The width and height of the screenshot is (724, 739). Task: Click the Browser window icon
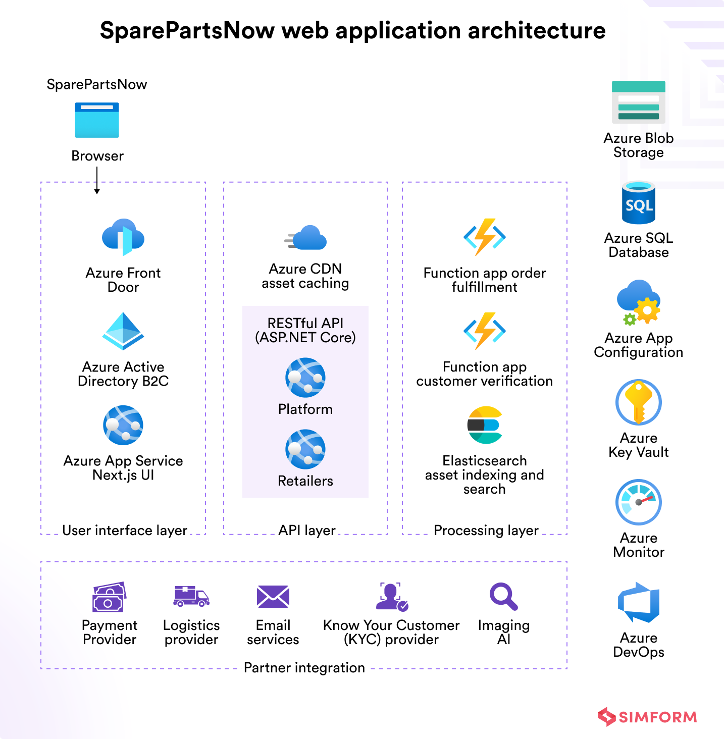coord(97,120)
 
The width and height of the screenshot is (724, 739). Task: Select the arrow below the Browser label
coord(97,180)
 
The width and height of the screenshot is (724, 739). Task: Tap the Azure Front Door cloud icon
coord(123,237)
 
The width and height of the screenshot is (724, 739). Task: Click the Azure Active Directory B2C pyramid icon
coord(123,331)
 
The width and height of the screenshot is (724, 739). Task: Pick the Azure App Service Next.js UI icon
coord(123,425)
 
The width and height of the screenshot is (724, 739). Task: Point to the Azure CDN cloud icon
coord(305,237)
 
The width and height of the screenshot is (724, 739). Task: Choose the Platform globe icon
coord(305,378)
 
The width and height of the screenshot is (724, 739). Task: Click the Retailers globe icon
coord(305,449)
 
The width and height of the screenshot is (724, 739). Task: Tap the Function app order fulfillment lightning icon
coord(485,237)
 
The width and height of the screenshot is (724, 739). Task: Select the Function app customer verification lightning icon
coord(485,331)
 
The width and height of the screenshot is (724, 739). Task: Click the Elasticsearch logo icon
coord(485,425)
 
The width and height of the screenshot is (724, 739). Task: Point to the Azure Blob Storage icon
coord(639,102)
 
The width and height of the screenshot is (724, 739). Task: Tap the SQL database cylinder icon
coord(639,202)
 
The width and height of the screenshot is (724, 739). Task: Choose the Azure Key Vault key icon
coord(639,402)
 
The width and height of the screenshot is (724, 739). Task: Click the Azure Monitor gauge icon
coord(639,502)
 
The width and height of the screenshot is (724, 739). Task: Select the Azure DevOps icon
coord(639,603)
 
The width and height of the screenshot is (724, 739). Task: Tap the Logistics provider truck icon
coord(191,596)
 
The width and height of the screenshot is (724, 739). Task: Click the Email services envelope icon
coord(273,596)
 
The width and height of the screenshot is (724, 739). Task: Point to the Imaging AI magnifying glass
coord(503,596)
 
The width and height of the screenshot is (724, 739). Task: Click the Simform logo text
coord(658,717)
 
